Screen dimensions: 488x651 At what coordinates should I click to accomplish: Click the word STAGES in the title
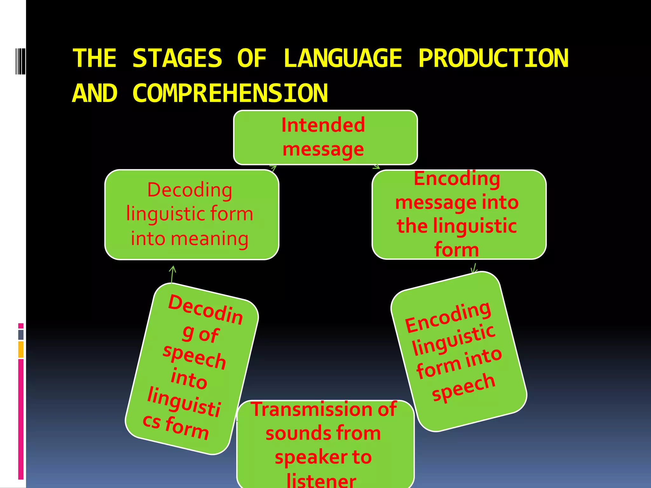177,58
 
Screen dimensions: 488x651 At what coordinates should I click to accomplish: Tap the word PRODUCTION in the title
493,58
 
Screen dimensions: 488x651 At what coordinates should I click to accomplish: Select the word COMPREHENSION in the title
230,93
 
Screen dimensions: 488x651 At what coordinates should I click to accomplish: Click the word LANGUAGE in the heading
343,58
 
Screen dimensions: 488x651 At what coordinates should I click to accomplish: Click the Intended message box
325,138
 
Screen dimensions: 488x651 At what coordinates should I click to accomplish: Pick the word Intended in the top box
323,125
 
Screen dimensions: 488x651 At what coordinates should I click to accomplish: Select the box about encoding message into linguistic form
459,214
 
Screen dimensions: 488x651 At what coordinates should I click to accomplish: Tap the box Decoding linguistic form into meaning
192,214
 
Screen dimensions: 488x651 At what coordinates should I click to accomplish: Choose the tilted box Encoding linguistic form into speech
459,351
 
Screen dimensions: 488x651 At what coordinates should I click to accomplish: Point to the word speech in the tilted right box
463,386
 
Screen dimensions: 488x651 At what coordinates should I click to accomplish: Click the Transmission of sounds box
325,445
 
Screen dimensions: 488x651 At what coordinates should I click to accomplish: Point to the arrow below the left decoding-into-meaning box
172,274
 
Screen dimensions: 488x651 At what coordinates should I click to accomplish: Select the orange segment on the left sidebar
21,349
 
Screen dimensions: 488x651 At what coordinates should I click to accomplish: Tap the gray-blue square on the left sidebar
21,335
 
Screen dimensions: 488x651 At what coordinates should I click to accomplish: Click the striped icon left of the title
20,61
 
